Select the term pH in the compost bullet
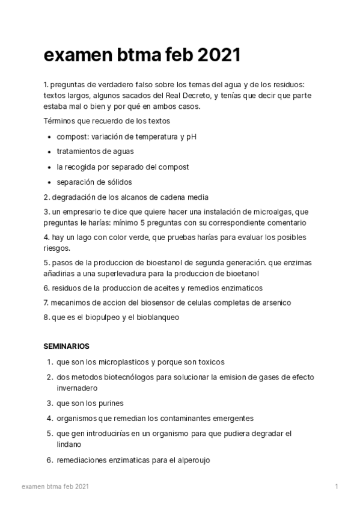point(191,137)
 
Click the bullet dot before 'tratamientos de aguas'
point(49,152)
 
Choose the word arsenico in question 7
point(258,303)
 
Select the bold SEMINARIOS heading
point(67,346)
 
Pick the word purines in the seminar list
point(111,403)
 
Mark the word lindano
point(69,444)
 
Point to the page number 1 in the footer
point(337,486)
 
